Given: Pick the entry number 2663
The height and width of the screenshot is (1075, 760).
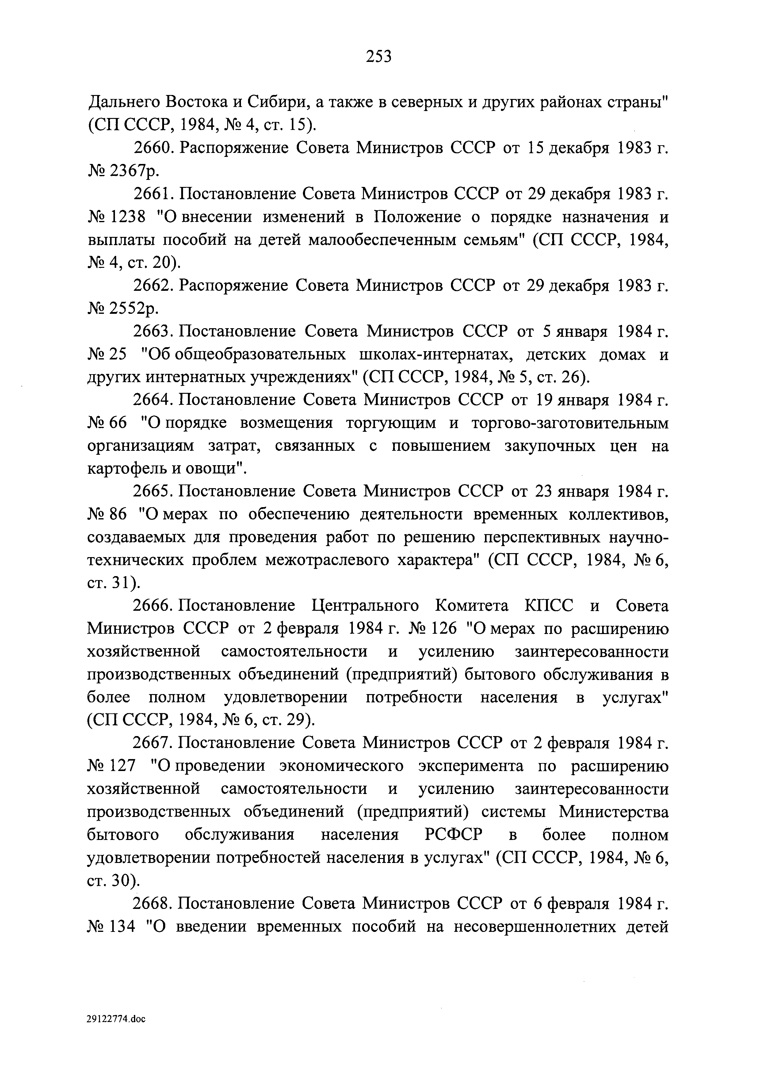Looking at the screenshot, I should [154, 332].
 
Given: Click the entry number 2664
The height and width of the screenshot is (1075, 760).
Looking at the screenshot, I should [154, 400].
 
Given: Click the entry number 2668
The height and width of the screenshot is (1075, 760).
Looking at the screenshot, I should [154, 904].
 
